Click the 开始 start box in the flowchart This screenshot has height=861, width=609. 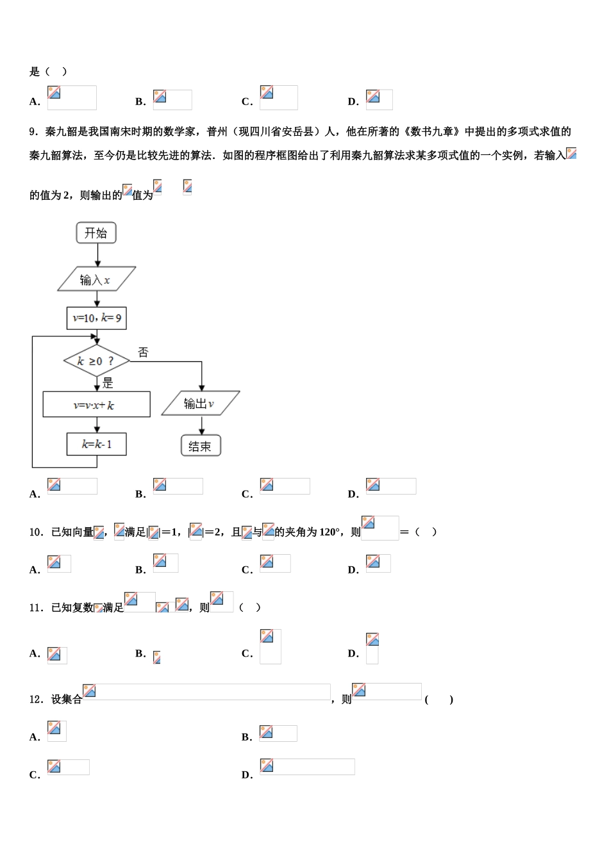click(x=96, y=233)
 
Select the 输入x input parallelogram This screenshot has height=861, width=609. click(x=96, y=279)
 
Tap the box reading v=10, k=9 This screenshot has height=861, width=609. click(x=96, y=318)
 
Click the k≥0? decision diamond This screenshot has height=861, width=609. click(x=96, y=361)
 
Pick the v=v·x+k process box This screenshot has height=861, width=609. click(x=96, y=405)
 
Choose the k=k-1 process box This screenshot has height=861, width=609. click(x=96, y=444)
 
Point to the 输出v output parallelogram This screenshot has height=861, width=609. click(x=200, y=404)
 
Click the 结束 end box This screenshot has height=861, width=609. click(x=201, y=446)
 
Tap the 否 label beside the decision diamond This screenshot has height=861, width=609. click(x=143, y=352)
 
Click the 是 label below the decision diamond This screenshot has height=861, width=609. click(x=108, y=383)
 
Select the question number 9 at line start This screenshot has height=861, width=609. click(x=33, y=132)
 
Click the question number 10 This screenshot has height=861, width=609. click(x=36, y=532)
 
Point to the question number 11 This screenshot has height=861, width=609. click(x=36, y=607)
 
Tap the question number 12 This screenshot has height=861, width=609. click(x=36, y=699)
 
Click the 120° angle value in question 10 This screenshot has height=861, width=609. click(x=329, y=532)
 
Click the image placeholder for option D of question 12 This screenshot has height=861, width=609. click(x=307, y=767)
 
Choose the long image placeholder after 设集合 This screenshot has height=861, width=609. click(x=206, y=692)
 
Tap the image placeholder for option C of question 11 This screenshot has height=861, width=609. click(x=270, y=646)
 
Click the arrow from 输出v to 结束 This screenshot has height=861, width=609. click(x=201, y=426)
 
